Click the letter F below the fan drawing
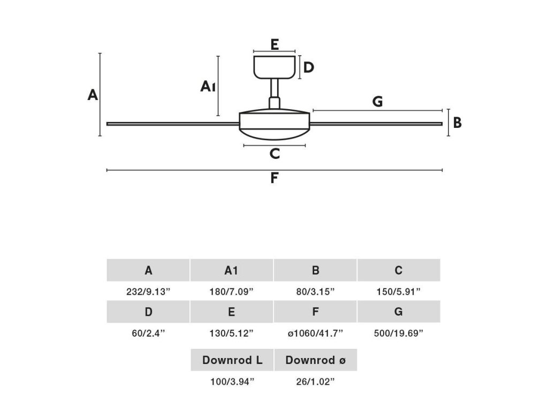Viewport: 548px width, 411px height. coord(274,178)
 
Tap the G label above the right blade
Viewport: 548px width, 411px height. coord(377,101)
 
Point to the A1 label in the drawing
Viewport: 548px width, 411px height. coord(208,86)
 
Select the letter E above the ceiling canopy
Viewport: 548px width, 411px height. coord(275,44)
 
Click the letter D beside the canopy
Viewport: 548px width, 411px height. coord(308,67)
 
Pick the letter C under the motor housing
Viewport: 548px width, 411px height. coord(275,154)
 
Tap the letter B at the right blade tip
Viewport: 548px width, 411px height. coord(457,123)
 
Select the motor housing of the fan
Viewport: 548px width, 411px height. coord(274,124)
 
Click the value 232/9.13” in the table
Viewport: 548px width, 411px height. coord(148,292)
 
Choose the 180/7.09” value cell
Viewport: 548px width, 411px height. coord(232,292)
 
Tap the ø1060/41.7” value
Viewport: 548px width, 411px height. coord(315,333)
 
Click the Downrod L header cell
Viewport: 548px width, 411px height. coord(232,360)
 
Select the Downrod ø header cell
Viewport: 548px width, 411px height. coord(315,360)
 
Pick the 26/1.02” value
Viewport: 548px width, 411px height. coord(315,382)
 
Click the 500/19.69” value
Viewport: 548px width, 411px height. coord(399,333)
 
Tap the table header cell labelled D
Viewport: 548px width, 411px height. coord(148,311)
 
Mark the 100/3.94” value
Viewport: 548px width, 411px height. coord(232,382)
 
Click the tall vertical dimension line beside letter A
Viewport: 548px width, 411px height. coord(100,94)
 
